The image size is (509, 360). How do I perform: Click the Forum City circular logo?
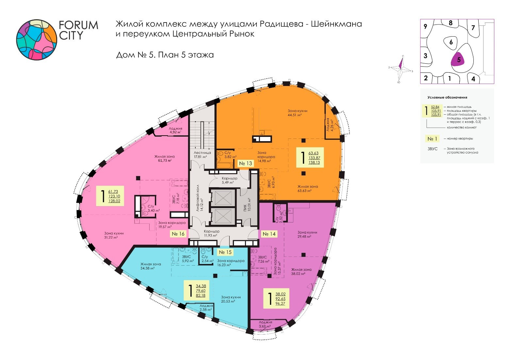point(37,40)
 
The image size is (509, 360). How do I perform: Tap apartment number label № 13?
point(245,163)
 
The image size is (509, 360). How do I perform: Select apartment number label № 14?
point(269,234)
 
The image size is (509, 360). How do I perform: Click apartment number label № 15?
point(225,252)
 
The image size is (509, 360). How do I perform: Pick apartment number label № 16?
point(178,234)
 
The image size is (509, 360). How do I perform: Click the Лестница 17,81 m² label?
point(202,155)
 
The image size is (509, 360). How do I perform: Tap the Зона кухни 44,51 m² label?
point(297,113)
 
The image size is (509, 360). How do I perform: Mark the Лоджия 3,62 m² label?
point(265,324)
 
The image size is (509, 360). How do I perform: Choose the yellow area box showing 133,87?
point(310,157)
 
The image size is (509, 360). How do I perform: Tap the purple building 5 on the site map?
point(459,60)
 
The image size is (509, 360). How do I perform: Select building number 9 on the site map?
point(425,26)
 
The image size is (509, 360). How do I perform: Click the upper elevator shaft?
point(221,198)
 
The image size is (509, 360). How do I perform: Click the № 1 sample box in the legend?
point(432,139)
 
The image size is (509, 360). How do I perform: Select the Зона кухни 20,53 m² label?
point(231,299)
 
